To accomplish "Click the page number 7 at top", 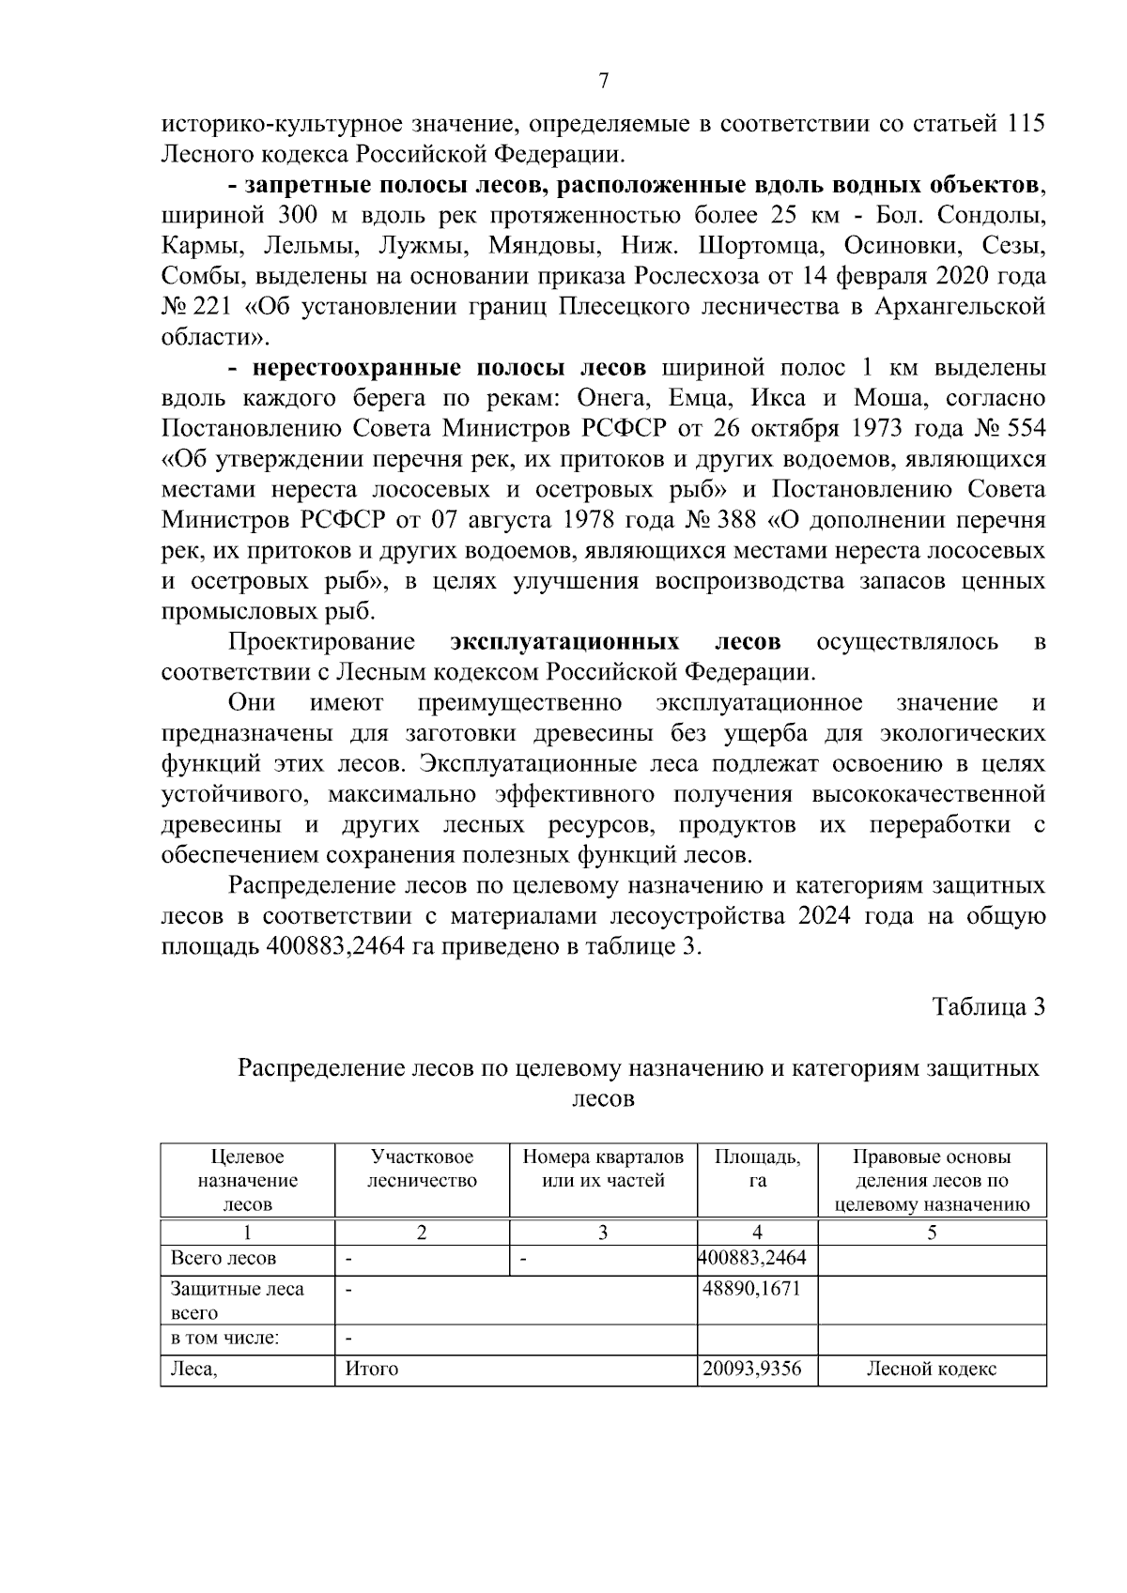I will pos(604,82).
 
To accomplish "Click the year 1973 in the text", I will pos(888,429).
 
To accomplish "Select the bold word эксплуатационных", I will pos(565,642).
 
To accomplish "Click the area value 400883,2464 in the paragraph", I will pos(335,946).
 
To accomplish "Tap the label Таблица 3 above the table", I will pos(988,1007).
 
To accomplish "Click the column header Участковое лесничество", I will pos(422,1169).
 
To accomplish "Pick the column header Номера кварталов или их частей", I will pos(603,1169).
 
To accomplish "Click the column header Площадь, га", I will pos(757,1169).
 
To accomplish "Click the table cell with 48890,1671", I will pos(751,1289).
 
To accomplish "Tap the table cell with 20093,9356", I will pos(752,1369).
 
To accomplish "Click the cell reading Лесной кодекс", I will pos(931,1370).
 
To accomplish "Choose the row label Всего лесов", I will pos(224,1259).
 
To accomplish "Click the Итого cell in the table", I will pos(372,1370).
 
